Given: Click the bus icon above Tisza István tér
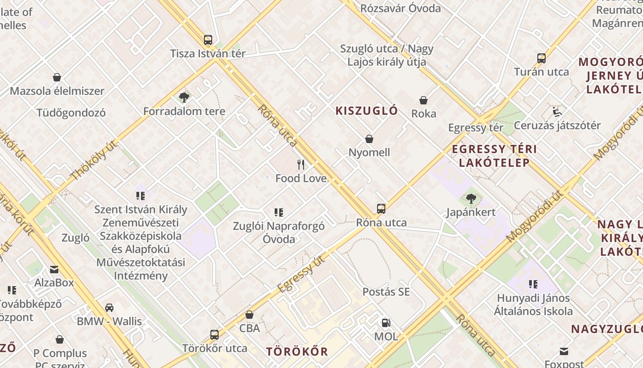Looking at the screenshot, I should pyautogui.click(x=208, y=40).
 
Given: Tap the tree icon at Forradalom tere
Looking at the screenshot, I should pyautogui.click(x=184, y=98).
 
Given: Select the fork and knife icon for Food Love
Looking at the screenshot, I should pyautogui.click(x=301, y=165).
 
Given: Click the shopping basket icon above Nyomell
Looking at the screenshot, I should pyautogui.click(x=369, y=139).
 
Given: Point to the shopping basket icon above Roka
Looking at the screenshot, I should pyautogui.click(x=423, y=100).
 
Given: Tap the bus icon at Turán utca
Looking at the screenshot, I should pyautogui.click(x=541, y=58).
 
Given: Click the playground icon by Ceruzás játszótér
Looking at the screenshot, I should pyautogui.click(x=557, y=112).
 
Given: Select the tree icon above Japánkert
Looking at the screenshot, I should pyautogui.click(x=471, y=199).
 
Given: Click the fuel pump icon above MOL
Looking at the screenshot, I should pyautogui.click(x=386, y=323).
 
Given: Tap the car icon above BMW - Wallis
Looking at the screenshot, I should pyautogui.click(x=109, y=308).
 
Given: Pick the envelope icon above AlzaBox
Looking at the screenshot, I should pyautogui.click(x=54, y=269).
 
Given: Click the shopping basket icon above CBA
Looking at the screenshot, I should pyautogui.click(x=249, y=315).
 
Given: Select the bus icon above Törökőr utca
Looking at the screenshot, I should pyautogui.click(x=214, y=335).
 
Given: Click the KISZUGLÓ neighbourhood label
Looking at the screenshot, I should pyautogui.click(x=367, y=111).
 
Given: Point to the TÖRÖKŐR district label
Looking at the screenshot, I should pyautogui.click(x=297, y=352).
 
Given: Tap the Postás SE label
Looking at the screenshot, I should pyautogui.click(x=386, y=292).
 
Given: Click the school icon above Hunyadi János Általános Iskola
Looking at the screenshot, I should pyautogui.click(x=533, y=284).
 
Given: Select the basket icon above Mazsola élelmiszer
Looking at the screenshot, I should pyautogui.click(x=57, y=77).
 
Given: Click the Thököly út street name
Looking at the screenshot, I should pyautogui.click(x=94, y=160).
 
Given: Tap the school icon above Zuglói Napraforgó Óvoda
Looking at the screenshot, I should pyautogui.click(x=279, y=213).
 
